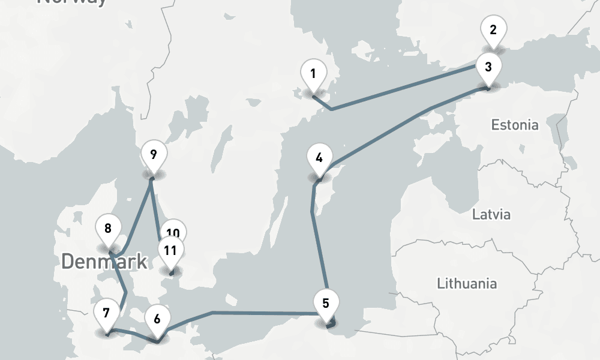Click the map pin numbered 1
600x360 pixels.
point(313,74)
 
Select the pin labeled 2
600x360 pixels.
point(493,29)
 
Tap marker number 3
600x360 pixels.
point(488,67)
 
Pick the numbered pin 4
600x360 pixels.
point(319,158)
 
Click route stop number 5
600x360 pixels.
point(326,303)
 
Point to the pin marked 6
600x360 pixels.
point(157,319)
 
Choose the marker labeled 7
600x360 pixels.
point(106,313)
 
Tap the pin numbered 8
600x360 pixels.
point(108,229)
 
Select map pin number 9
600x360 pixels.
point(153,155)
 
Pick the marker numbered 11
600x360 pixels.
point(170,250)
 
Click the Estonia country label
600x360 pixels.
point(514,125)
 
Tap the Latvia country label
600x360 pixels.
point(491,214)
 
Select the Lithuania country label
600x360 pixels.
point(466,283)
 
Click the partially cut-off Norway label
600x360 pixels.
point(72,2)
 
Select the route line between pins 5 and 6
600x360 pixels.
point(264,313)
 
